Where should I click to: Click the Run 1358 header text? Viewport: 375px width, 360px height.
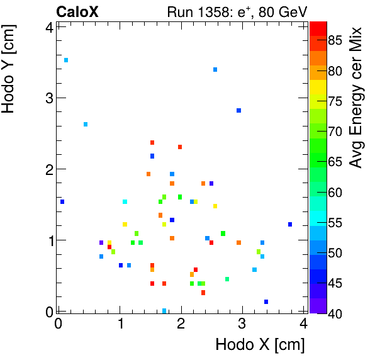click(x=237, y=11)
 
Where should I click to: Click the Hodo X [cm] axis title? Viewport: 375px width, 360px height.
click(x=260, y=345)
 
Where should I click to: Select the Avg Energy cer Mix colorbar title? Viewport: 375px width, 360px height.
click(x=356, y=98)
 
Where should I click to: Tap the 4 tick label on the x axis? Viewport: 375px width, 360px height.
click(x=304, y=324)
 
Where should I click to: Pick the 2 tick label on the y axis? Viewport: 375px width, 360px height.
click(x=49, y=169)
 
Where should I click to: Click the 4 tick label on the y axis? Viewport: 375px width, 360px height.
click(x=49, y=27)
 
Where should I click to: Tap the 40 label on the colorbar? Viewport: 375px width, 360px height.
click(x=335, y=313)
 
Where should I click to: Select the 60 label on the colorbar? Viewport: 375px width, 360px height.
click(x=335, y=193)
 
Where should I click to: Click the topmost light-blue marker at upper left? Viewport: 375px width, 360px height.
click(x=66, y=60)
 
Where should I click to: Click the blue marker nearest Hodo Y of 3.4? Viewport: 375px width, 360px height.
click(x=215, y=69)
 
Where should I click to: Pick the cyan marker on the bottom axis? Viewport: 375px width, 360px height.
click(x=164, y=311)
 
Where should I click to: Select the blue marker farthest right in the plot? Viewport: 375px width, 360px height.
click(x=290, y=224)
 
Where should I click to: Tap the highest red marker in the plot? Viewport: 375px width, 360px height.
click(x=152, y=142)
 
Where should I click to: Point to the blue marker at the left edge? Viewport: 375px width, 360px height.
click(x=62, y=202)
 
